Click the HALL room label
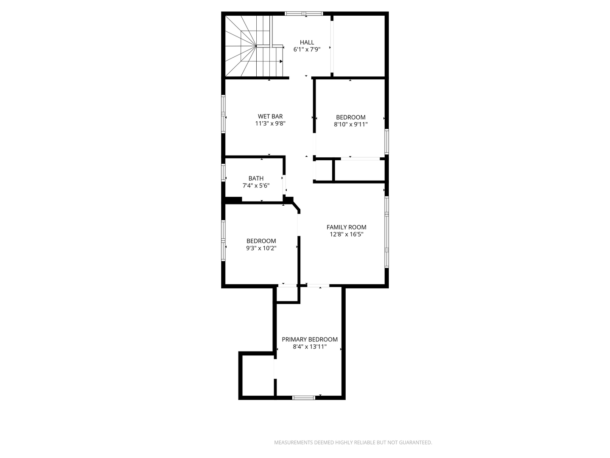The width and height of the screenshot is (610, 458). pos(307,42)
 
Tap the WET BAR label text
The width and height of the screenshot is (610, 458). pos(270,117)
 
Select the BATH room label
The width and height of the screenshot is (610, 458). pos(256,178)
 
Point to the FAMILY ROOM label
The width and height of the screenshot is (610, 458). pos(346,227)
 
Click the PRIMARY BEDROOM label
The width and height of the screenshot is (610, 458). pos(310,339)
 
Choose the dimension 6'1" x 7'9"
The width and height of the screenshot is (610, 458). pos(307,50)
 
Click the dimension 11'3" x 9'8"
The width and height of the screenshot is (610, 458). pos(270,123)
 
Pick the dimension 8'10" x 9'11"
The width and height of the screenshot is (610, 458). pos(351,124)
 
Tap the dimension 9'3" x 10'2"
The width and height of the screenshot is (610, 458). pos(261,248)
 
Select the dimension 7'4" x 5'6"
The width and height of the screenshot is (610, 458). pos(256,185)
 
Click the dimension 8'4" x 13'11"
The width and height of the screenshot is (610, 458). pos(310,346)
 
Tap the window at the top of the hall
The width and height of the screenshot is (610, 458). pos(304,13)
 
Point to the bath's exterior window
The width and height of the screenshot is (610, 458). pos(223,173)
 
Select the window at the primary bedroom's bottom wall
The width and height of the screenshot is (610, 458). pos(304,398)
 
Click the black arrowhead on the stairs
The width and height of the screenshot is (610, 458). pos(281,61)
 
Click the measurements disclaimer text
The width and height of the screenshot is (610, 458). pos(353,442)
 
